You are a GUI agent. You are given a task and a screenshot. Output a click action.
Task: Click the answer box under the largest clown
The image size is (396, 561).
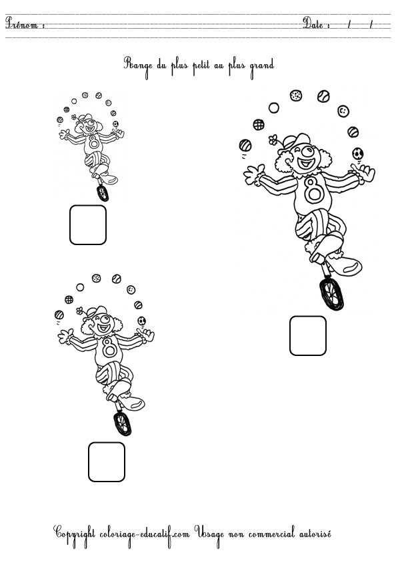pyautogui.click(x=308, y=335)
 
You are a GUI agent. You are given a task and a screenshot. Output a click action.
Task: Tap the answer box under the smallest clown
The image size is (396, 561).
pyautogui.click(x=88, y=224)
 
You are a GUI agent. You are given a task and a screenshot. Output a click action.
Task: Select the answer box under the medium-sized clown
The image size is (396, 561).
pyautogui.click(x=107, y=461)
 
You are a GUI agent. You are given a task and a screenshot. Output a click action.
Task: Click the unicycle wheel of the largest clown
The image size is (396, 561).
pyautogui.click(x=331, y=294)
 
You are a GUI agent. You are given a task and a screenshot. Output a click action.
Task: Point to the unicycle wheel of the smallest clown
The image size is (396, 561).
pyautogui.click(x=102, y=193)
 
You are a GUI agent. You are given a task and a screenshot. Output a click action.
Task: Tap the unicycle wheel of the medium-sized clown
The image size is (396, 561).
pyautogui.click(x=122, y=423)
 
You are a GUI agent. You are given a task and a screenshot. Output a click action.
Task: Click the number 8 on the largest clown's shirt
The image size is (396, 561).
pyautogui.click(x=314, y=190)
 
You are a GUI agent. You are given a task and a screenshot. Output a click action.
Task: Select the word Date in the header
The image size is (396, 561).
pyautogui.click(x=316, y=24)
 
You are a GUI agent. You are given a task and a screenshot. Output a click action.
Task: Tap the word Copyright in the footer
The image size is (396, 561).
pyautogui.click(x=76, y=534)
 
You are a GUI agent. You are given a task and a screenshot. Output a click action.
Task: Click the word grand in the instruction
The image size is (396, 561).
pyautogui.click(x=262, y=65)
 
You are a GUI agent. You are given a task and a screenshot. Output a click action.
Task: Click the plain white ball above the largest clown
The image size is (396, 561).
pyautogui.click(x=274, y=108)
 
